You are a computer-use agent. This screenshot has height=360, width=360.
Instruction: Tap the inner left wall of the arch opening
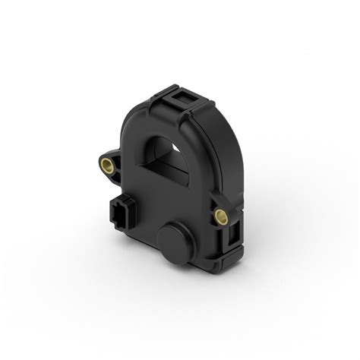pos(156,156)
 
